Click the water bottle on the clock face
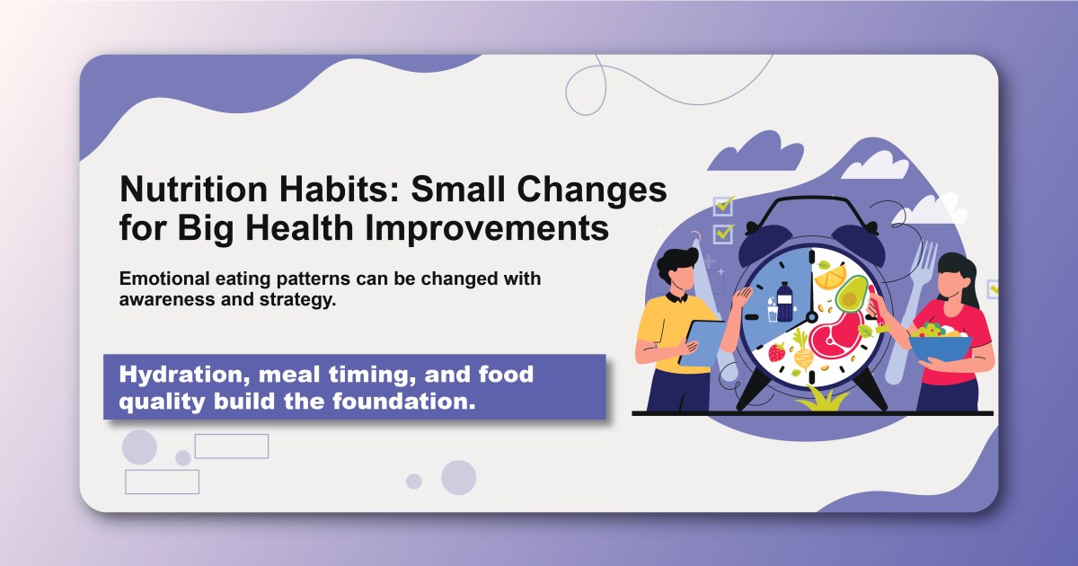tap(784, 301)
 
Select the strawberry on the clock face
tap(776, 352)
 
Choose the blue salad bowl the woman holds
tap(940, 346)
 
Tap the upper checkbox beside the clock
tap(723, 206)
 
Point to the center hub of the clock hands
tap(812, 316)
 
